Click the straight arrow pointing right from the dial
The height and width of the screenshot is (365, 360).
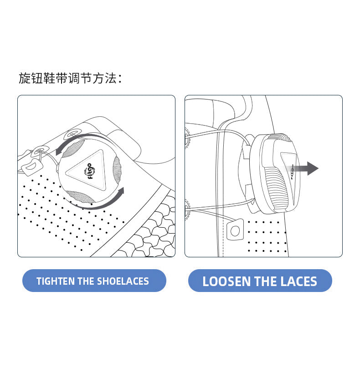[x=302, y=168]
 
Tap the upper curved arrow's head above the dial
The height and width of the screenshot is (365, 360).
[x=59, y=151]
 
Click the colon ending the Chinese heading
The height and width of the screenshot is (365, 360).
[x=120, y=78]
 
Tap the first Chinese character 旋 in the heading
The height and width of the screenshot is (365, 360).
[x=25, y=78]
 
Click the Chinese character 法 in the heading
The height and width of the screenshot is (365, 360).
[x=110, y=78]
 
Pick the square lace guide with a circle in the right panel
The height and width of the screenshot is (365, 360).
[x=235, y=230]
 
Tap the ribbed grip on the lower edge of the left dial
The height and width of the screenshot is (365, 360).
[x=80, y=197]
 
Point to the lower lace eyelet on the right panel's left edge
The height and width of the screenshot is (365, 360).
[x=187, y=209]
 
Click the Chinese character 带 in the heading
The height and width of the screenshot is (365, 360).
[x=62, y=78]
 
